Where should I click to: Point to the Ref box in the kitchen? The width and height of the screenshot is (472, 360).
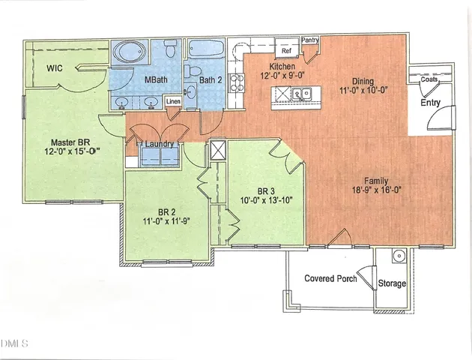pos(286,50)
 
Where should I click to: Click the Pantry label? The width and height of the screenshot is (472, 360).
pos(310,40)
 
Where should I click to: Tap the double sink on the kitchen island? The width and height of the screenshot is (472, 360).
pos(302,94)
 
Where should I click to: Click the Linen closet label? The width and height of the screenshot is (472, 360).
pos(173,100)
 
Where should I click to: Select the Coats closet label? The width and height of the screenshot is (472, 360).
pos(429,79)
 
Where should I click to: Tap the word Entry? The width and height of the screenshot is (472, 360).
pos(430,103)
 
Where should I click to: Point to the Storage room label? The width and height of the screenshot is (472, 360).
pos(391,283)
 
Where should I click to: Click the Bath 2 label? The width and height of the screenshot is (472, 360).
pos(210,80)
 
